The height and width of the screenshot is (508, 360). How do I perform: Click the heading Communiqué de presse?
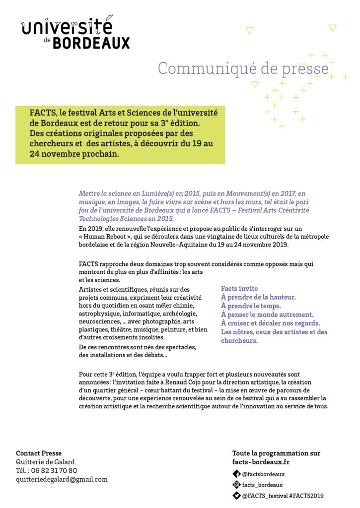coord(243,68)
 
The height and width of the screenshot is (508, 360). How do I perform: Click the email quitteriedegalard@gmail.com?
coord(62,479)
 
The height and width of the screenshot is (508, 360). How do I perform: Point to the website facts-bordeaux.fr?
coord(262,462)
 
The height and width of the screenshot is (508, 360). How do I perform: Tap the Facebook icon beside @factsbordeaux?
coord(237,474)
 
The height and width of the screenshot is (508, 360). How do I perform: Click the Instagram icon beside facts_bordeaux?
coord(237,485)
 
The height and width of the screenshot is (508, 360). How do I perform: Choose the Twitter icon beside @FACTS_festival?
coord(237,495)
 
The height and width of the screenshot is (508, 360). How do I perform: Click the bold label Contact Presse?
coord(39,453)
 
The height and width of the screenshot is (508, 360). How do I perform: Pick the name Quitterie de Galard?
coord(45,462)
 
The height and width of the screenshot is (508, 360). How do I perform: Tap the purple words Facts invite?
coord(239,288)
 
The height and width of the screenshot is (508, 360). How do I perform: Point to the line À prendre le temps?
coord(251,306)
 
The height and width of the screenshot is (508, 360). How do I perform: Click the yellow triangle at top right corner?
coord(333,28)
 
